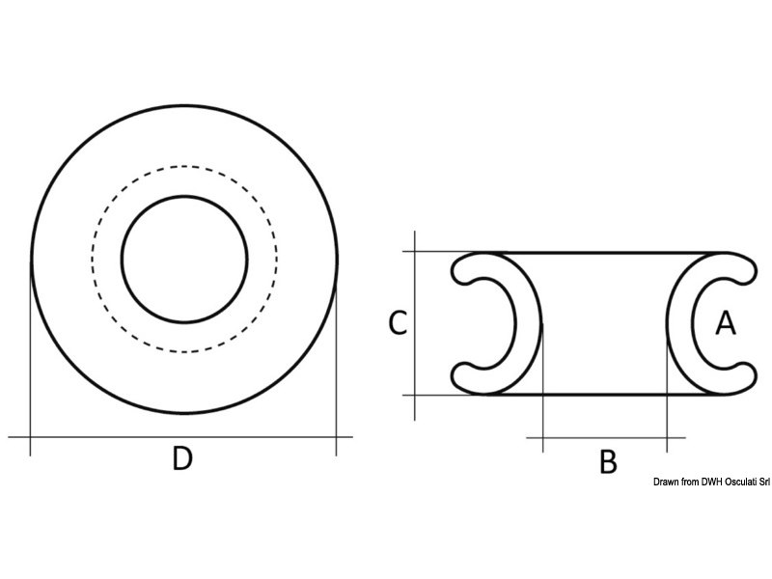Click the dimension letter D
point(182,459)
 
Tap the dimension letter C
point(397,323)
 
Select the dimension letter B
point(608,461)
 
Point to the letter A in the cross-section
point(725,324)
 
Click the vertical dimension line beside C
point(414,289)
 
